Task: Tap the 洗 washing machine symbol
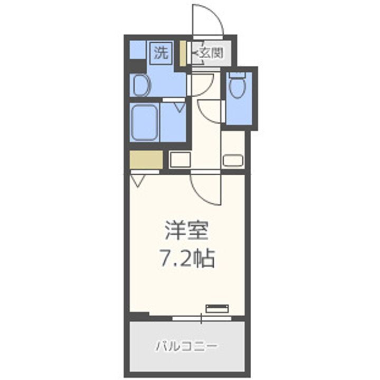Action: (161, 53)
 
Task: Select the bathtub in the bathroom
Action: (145, 122)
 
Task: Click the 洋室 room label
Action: (187, 231)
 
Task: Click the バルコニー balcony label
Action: (186, 347)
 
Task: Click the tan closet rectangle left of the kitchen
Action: (146, 159)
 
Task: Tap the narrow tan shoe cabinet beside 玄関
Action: (183, 53)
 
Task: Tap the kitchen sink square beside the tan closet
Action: (179, 159)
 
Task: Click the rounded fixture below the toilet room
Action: (232, 160)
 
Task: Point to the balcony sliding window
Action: (202, 318)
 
